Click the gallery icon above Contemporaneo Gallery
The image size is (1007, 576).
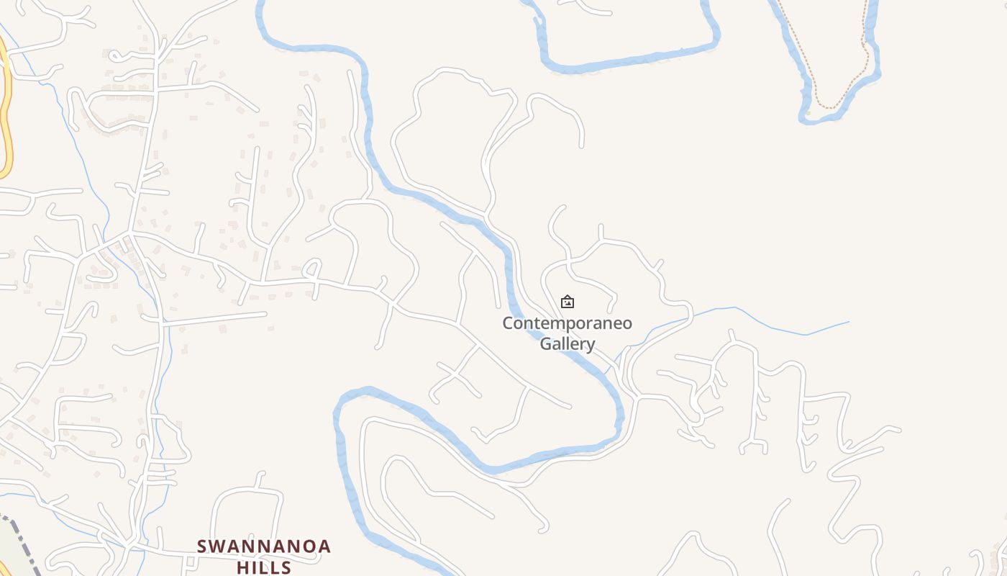pyautogui.click(x=568, y=302)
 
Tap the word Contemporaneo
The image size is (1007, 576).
pyautogui.click(x=567, y=323)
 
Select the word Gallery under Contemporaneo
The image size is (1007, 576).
pyautogui.click(x=568, y=343)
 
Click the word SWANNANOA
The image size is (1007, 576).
pyautogui.click(x=264, y=546)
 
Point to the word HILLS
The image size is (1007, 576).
pyautogui.click(x=264, y=567)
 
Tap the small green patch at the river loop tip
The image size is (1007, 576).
pyautogui.click(x=808, y=113)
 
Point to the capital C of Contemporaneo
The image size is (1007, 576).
pyautogui.click(x=508, y=323)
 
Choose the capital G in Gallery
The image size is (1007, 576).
pyautogui.click(x=546, y=343)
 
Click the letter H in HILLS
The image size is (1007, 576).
pyautogui.click(x=242, y=567)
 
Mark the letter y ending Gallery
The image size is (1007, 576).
pyautogui.click(x=590, y=345)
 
